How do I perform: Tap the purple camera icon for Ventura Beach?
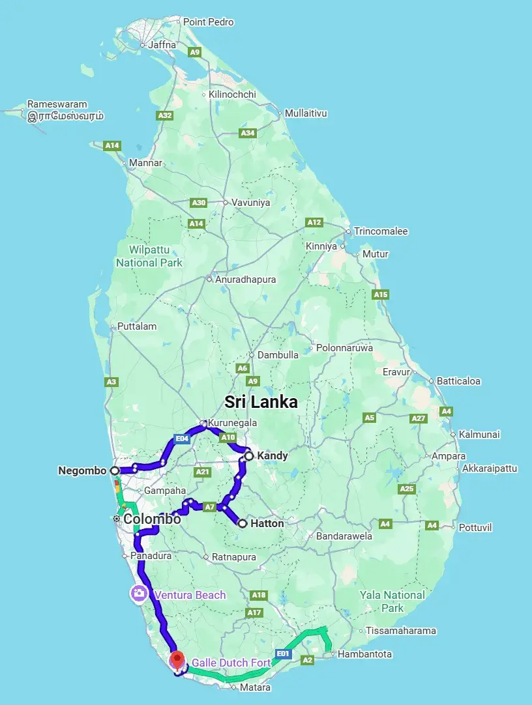pos(138,594)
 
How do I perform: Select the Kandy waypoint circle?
pos(249,456)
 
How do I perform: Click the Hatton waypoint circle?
pos(243,523)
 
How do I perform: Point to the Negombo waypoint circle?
pos(115,470)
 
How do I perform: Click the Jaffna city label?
pos(162,45)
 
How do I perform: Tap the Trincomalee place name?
pos(381,231)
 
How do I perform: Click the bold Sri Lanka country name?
pos(261,401)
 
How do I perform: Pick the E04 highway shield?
pos(182,439)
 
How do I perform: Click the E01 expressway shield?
pos(282,653)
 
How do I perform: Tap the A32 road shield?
pos(165,115)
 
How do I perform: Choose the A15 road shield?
pos(381,295)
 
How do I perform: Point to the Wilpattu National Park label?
pos(149,256)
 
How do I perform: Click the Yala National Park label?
pos(392,601)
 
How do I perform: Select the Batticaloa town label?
pos(458,381)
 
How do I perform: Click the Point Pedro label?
pos(208,22)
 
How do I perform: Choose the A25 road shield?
pos(407,489)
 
